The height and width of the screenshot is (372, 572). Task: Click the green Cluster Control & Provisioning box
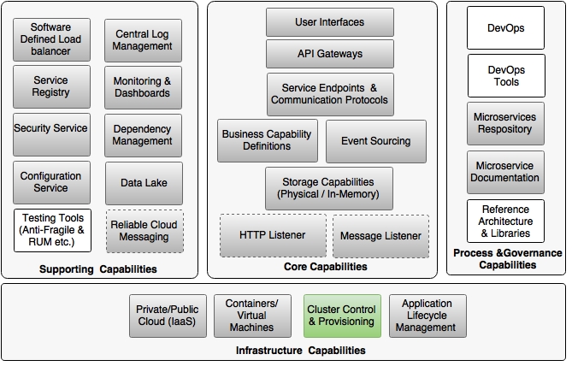pyautogui.click(x=340, y=316)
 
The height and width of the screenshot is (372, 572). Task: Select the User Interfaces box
pyautogui.click(x=329, y=22)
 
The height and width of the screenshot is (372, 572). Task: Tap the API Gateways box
pyautogui.click(x=329, y=54)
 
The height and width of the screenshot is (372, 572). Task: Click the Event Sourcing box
pyautogui.click(x=375, y=141)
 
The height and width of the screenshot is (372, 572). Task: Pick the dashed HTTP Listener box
pyautogui.click(x=271, y=235)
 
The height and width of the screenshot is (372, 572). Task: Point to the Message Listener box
pyautogui.click(x=380, y=236)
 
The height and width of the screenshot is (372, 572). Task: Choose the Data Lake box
pyautogui.click(x=144, y=183)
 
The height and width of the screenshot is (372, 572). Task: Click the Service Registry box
pyautogui.click(x=52, y=86)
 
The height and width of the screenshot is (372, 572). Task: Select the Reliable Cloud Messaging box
pyautogui.click(x=144, y=231)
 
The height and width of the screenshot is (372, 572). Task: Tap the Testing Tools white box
pyautogui.click(x=52, y=231)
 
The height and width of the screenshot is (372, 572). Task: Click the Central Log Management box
pyautogui.click(x=144, y=40)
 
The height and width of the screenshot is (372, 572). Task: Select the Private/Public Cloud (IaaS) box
pyautogui.click(x=167, y=316)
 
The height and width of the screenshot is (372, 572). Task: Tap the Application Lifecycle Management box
pyautogui.click(x=428, y=316)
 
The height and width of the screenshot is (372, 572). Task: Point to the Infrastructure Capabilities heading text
pyautogui.click(x=301, y=351)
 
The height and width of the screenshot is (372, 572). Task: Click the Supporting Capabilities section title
pyautogui.click(x=97, y=269)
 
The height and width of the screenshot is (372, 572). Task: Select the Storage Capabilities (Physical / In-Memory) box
pyautogui.click(x=329, y=188)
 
